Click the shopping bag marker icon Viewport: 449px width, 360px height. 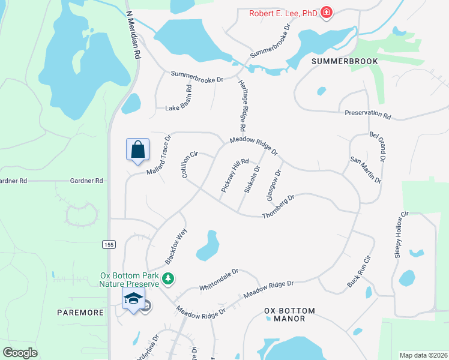(137, 149)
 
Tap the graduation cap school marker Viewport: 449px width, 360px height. (134, 298)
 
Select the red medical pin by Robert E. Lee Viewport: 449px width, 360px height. (326, 12)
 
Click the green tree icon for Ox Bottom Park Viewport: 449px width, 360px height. (169, 278)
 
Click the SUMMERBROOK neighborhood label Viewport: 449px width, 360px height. (345, 61)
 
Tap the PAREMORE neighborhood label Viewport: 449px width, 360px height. (80, 313)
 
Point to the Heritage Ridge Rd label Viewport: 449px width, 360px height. (242, 106)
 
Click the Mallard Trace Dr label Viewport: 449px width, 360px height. (159, 155)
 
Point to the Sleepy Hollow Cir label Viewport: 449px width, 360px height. (400, 235)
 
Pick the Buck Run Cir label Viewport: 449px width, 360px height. (360, 271)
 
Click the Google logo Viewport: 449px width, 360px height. (20, 352)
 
